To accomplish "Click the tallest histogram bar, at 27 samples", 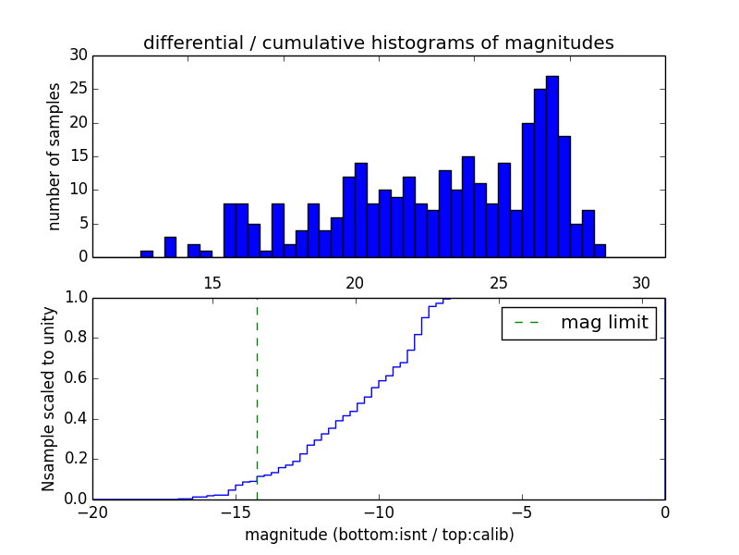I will [x=551, y=166].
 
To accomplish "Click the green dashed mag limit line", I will [x=257, y=388].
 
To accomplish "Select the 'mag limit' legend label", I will [x=604, y=323].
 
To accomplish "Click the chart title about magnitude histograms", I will [x=379, y=43].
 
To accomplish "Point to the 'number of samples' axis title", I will [x=55, y=156].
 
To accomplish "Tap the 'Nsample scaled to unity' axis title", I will [x=48, y=399].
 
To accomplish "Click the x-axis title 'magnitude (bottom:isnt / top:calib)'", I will [x=379, y=535].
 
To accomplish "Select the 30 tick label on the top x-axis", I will [x=642, y=282].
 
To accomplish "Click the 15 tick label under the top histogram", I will [x=212, y=282].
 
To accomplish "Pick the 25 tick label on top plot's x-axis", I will [x=499, y=282].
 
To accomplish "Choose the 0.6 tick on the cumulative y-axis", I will [x=78, y=377].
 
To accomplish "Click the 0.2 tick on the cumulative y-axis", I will [x=78, y=458].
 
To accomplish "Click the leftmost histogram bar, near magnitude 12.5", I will [x=147, y=253].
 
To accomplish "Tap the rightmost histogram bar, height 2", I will [x=600, y=251].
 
